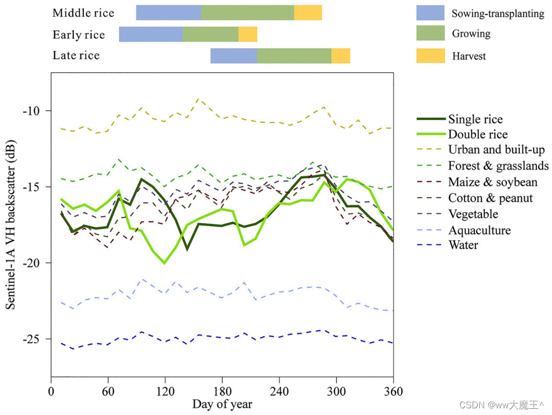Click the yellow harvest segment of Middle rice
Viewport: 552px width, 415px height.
(308, 12)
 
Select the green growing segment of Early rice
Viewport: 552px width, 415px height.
(210, 34)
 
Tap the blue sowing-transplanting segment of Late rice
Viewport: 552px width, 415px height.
(234, 56)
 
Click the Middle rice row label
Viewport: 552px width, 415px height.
(83, 13)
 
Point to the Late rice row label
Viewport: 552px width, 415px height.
(76, 56)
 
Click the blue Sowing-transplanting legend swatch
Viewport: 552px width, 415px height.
(431, 13)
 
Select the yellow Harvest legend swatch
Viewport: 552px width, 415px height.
(431, 56)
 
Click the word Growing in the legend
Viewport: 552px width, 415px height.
(471, 34)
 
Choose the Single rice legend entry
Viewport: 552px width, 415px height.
(475, 119)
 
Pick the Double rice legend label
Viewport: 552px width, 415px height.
(478, 134)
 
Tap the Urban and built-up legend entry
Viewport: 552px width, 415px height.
(497, 150)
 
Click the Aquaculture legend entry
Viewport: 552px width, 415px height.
(479, 230)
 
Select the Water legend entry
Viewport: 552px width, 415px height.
(463, 245)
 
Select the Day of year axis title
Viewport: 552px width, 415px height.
(222, 404)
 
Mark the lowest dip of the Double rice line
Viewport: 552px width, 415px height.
(164, 263)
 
